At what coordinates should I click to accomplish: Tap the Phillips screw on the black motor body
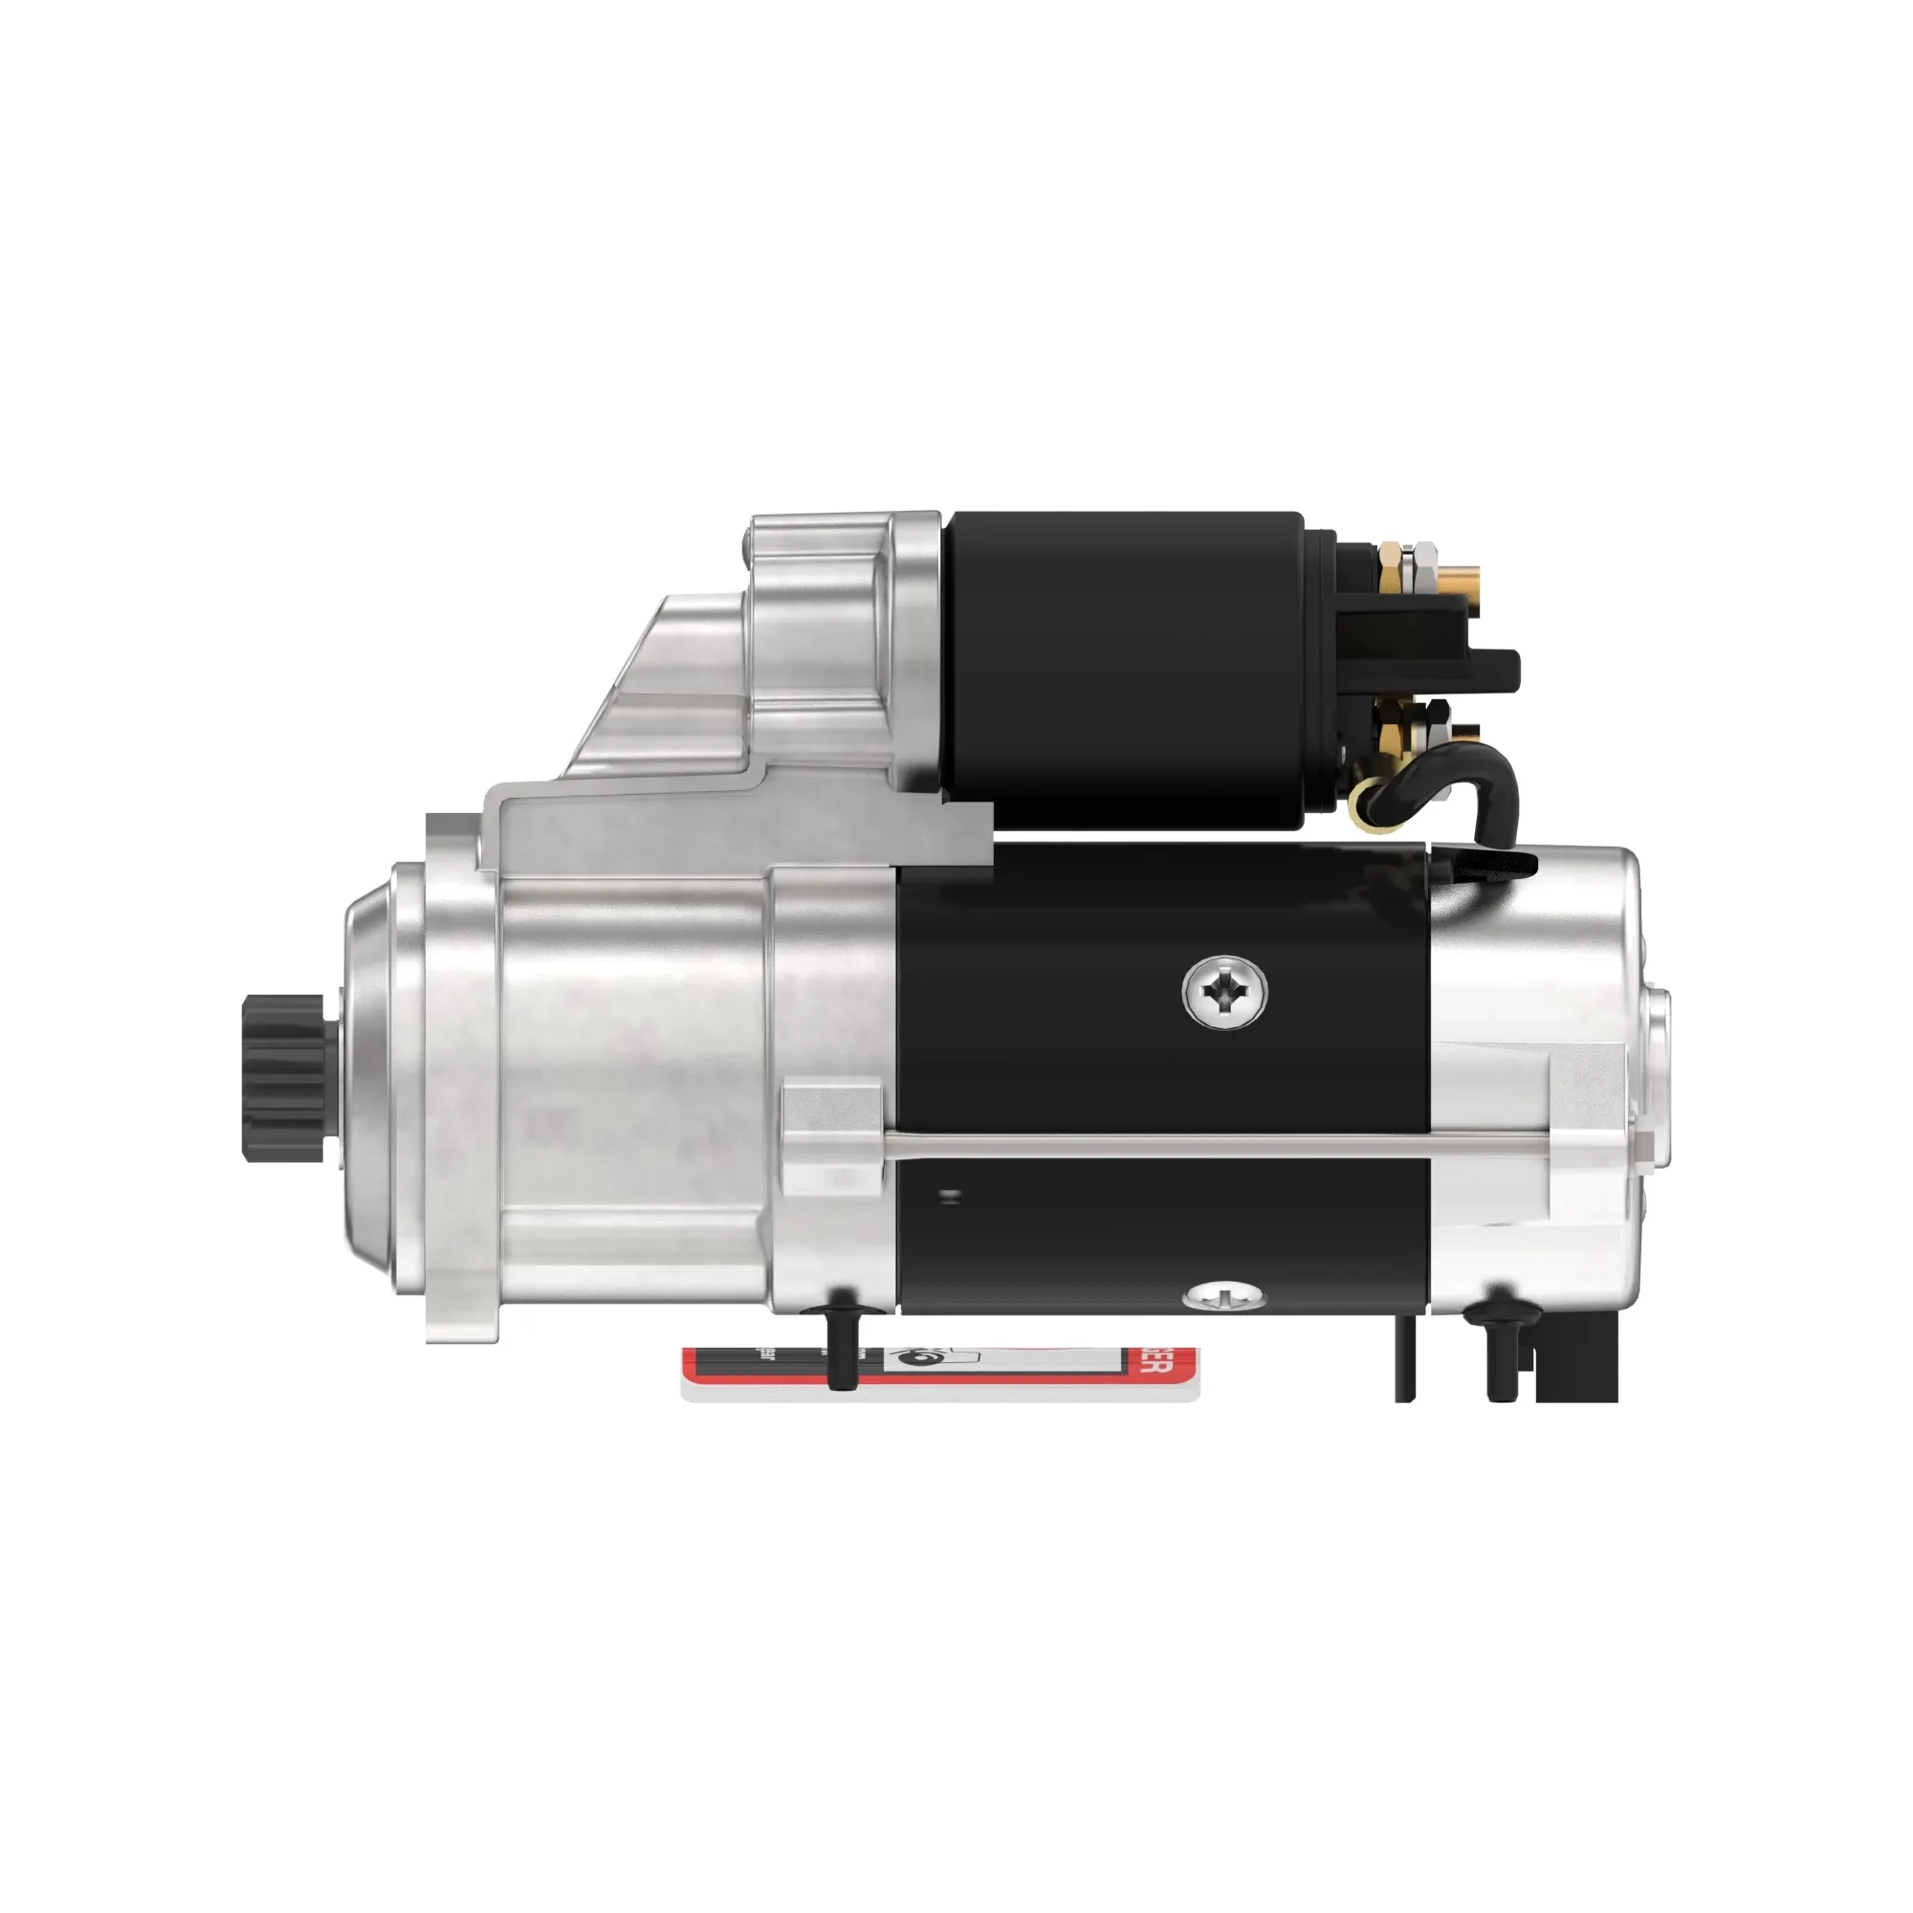pos(1225,990)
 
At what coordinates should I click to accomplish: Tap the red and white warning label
pos(940,1372)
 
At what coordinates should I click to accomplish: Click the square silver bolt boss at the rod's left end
pos(829,1136)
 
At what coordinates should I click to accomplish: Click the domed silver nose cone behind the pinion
pos(371,1079)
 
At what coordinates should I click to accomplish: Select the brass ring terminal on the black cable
pos(1371,792)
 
